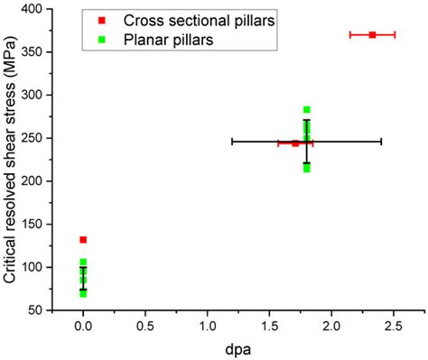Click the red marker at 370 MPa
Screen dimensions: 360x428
coord(372,34)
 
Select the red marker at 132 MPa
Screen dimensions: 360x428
coord(83,240)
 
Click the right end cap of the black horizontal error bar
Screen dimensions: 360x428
coord(381,142)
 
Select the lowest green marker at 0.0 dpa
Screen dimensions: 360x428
coord(83,294)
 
